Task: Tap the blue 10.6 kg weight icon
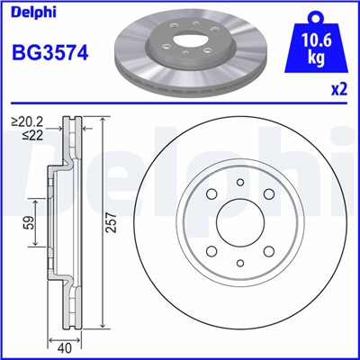[314, 45]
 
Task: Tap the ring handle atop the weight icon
[314, 16]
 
